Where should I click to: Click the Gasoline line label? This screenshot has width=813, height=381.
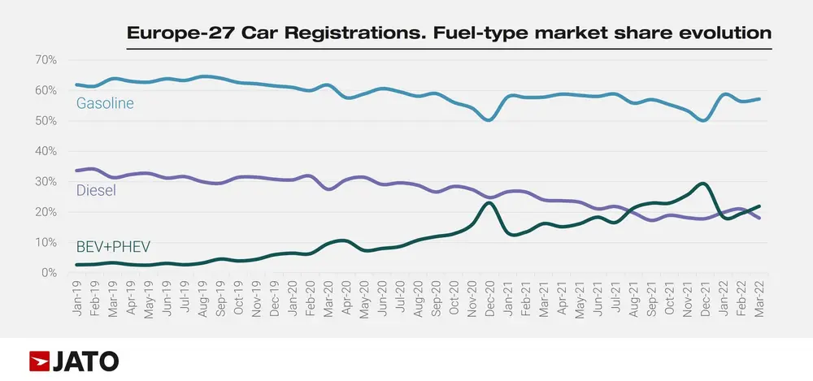pos(105,103)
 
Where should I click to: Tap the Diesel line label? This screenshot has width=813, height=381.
pos(96,191)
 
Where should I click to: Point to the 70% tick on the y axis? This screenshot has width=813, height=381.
pos(45,60)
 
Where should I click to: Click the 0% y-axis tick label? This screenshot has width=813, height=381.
pos(48,273)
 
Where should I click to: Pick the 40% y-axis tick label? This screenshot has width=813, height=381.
pos(45,151)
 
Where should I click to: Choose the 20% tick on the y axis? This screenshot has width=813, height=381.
pos(45,212)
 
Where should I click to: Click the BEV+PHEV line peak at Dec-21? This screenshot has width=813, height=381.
pos(703,184)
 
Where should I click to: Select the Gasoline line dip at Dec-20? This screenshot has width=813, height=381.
pos(488,120)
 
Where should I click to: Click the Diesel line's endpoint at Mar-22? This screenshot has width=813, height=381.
pos(759,218)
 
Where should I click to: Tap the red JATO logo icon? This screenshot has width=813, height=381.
pos(39,361)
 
